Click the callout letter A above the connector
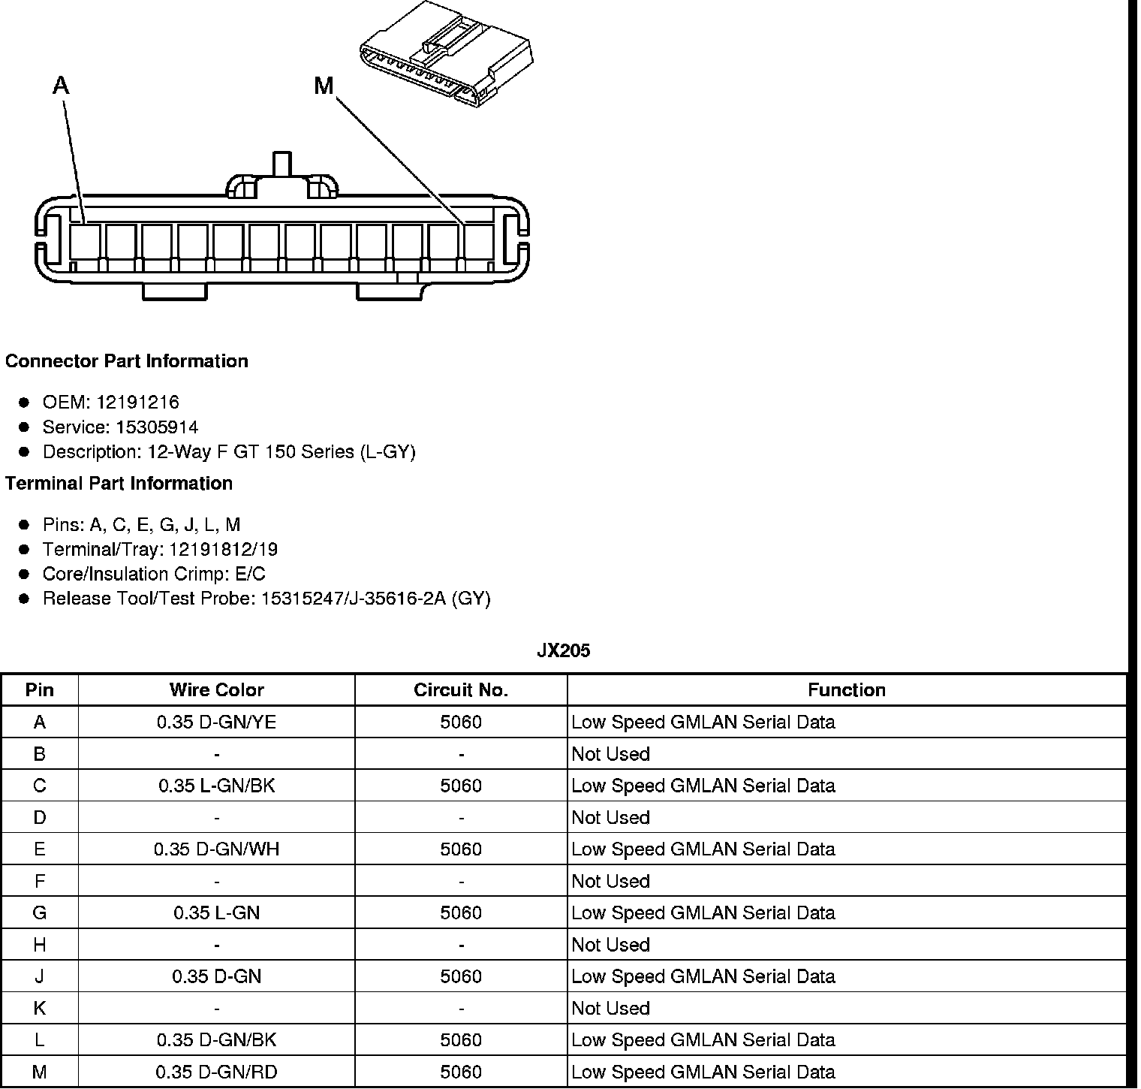point(61,86)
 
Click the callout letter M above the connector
point(324,86)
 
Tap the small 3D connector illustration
point(448,53)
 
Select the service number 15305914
point(157,427)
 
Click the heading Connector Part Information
point(126,361)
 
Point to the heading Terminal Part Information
point(119,484)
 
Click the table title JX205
point(563,651)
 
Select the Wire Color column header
point(216,690)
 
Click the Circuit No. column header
point(460,690)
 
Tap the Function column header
point(846,690)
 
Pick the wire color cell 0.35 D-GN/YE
point(216,722)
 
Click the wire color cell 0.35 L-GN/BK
point(216,786)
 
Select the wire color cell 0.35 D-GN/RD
point(216,1072)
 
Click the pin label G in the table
point(39,913)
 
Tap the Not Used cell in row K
point(610,1009)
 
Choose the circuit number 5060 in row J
point(460,976)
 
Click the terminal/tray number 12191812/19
point(223,550)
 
